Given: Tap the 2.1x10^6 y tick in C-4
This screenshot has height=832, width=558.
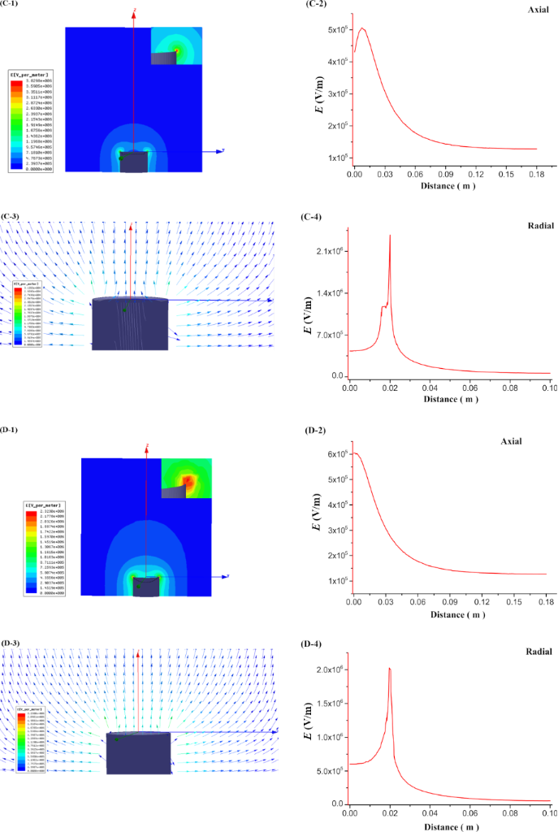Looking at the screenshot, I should pyautogui.click(x=331, y=251).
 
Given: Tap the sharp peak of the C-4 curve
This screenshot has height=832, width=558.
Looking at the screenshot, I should pyautogui.click(x=390, y=236).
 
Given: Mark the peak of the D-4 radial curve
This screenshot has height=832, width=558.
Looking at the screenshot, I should pyautogui.click(x=390, y=669).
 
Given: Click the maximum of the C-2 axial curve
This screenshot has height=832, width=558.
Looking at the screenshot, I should pyautogui.click(x=362, y=28).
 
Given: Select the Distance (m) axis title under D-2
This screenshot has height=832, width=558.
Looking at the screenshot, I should pyautogui.click(x=444, y=615).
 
